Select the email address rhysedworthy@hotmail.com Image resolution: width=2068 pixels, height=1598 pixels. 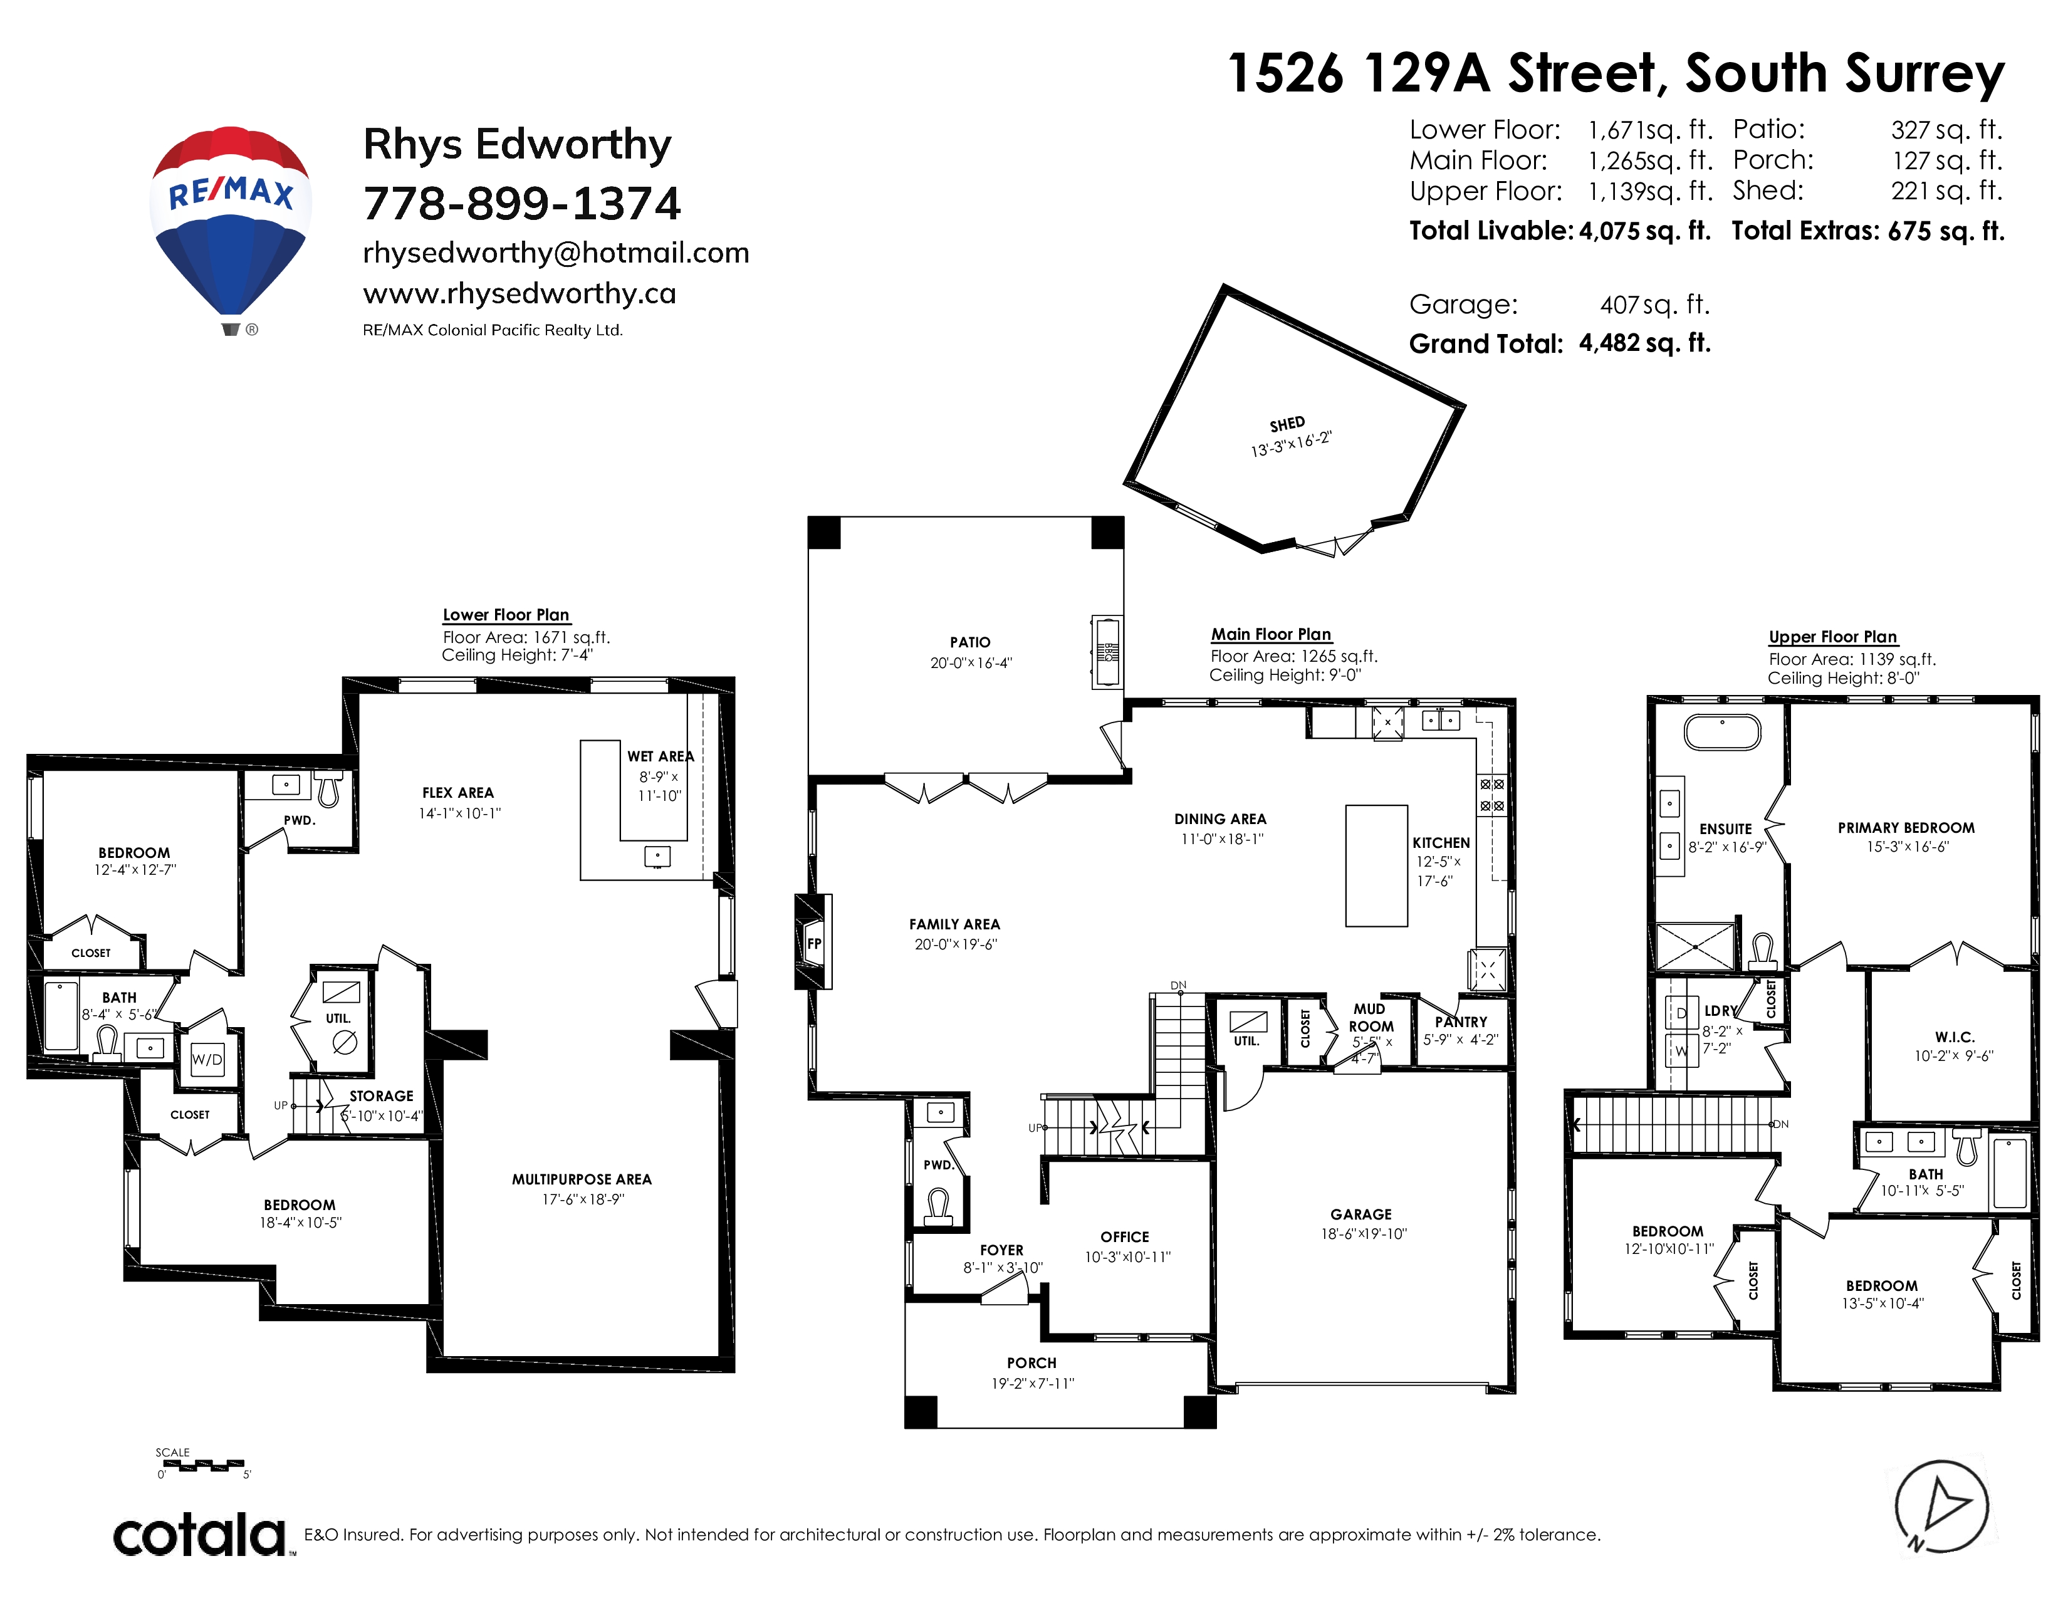click(x=556, y=253)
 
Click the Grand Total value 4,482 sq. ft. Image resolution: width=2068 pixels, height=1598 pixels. click(x=1645, y=343)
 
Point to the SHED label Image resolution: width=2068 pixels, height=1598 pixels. click(x=1287, y=424)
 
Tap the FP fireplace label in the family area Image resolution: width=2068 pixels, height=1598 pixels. click(x=814, y=943)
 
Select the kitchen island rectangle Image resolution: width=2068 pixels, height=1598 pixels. click(x=1376, y=865)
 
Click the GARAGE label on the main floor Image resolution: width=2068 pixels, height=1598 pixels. click(x=1360, y=1214)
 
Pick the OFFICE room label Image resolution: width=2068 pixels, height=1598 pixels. click(x=1125, y=1236)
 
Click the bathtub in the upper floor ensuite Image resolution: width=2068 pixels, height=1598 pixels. click(x=1722, y=732)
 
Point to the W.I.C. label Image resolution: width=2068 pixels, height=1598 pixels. click(x=1955, y=1037)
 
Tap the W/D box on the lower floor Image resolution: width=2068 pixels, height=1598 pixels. click(x=207, y=1058)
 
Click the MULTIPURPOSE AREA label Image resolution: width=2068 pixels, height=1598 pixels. click(x=582, y=1179)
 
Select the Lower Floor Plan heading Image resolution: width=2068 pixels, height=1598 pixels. click(x=506, y=614)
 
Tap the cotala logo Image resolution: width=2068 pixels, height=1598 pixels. click(x=201, y=1535)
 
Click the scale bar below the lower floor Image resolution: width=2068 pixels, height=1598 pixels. click(x=202, y=1466)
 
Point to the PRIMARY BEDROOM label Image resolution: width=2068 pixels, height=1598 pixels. click(x=1906, y=827)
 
